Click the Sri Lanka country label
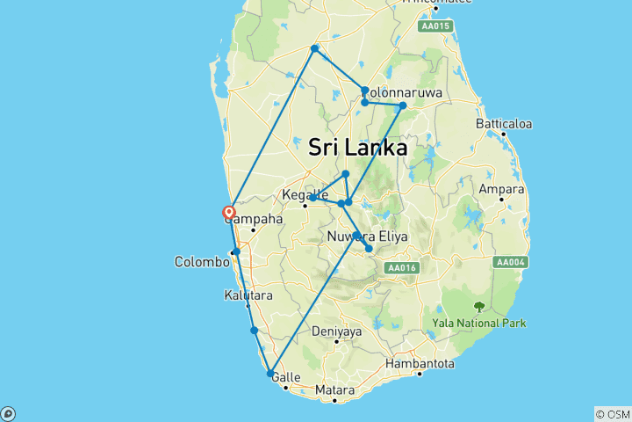pos(358,148)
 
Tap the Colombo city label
pos(202,261)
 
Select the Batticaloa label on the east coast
pos(504,124)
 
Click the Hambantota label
pos(420,363)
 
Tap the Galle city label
pos(287,377)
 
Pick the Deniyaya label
pos(336,331)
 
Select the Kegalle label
pos(305,194)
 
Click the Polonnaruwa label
pos(406,92)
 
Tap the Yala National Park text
pos(479,323)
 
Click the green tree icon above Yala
pos(479,307)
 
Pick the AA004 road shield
pos(509,262)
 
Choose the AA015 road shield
pos(436,26)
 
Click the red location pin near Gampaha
pos(228,213)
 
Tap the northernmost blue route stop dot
pos(314,47)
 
